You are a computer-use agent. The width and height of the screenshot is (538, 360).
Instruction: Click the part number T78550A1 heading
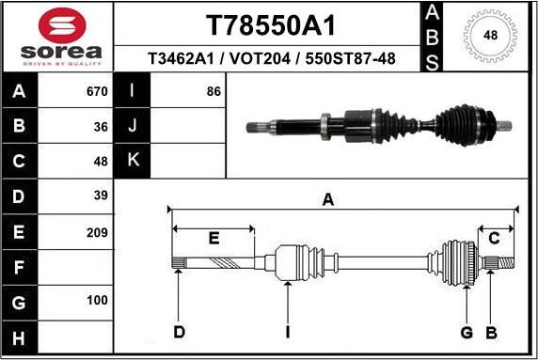click(271, 24)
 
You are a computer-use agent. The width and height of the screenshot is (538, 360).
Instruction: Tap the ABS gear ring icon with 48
click(490, 36)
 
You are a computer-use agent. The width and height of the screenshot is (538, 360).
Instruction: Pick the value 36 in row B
click(101, 127)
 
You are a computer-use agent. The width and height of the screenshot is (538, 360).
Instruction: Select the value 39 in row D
click(101, 196)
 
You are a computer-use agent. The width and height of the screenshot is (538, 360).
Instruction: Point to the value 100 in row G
click(96, 302)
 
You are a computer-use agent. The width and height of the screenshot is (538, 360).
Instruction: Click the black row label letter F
click(21, 267)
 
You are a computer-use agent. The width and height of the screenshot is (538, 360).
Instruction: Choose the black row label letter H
click(21, 337)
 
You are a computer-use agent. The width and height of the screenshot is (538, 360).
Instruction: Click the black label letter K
click(134, 161)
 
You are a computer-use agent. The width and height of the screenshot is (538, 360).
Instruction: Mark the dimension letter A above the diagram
click(328, 198)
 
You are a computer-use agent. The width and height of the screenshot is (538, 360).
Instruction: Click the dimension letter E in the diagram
click(214, 238)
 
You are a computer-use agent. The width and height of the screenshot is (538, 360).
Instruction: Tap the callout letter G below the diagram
click(466, 332)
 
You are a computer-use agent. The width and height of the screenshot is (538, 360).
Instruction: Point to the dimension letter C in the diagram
click(493, 237)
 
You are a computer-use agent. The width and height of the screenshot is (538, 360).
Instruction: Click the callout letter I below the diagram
click(287, 332)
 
